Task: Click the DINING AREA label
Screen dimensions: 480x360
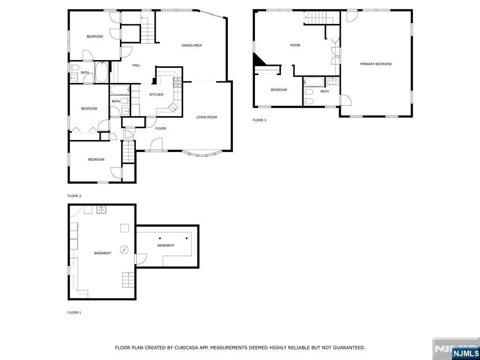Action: pyautogui.click(x=192, y=45)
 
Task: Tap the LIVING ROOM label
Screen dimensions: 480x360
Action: pyautogui.click(x=206, y=117)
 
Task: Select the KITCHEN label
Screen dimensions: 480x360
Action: pyautogui.click(x=157, y=95)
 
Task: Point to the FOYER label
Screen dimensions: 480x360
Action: pyautogui.click(x=161, y=128)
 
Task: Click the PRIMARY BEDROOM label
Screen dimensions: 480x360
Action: pyautogui.click(x=375, y=64)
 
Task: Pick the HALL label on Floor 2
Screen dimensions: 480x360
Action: pyautogui.click(x=136, y=65)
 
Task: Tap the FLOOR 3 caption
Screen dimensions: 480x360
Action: pyautogui.click(x=259, y=120)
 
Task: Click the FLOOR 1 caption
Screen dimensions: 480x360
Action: pyautogui.click(x=74, y=313)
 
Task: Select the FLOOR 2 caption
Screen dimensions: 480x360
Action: pyautogui.click(x=74, y=196)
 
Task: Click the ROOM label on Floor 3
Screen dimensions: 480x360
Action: pyautogui.click(x=295, y=45)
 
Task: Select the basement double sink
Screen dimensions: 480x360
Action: pyautogui.click(x=101, y=210)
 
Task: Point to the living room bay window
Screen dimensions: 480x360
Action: pyautogui.click(x=202, y=154)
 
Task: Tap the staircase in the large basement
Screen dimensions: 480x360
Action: pyautogui.click(x=128, y=280)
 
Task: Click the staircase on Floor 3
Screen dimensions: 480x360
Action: pyautogui.click(x=319, y=18)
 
